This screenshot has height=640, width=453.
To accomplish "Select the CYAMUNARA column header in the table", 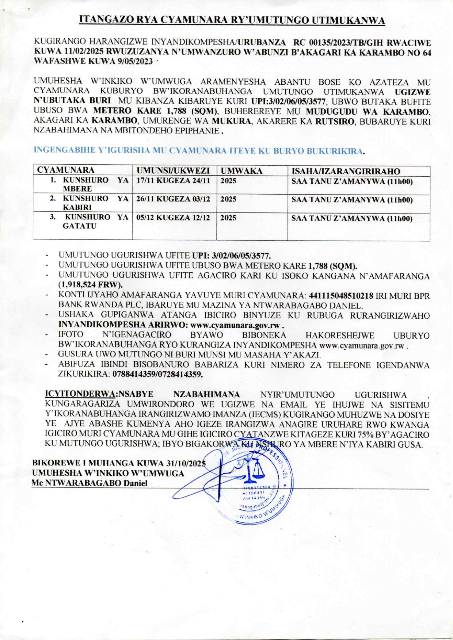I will [x=66, y=170].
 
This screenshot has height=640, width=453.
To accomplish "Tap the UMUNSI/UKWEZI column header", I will [x=173, y=170].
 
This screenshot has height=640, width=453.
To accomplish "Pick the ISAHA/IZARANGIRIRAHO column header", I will [x=345, y=171].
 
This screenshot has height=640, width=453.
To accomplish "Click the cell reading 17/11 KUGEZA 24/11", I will [x=173, y=181].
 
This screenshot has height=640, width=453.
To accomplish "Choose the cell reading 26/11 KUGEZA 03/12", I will [x=173, y=199].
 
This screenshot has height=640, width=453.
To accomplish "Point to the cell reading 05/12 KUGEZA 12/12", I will [x=173, y=218].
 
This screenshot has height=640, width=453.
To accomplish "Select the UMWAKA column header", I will [x=241, y=171].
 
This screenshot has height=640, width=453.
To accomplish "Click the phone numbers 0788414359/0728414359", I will [x=157, y=374].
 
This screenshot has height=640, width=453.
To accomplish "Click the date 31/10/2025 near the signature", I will [x=186, y=463].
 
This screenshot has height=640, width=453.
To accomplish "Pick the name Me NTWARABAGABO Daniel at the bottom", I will [x=90, y=483].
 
